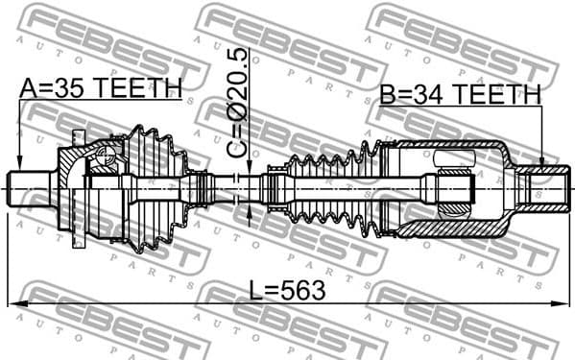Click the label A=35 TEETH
click(x=101, y=87)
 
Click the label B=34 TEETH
click(x=460, y=94)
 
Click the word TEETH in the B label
click(x=498, y=94)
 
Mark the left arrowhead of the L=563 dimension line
click(x=13, y=304)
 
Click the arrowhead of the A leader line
click(x=19, y=164)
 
